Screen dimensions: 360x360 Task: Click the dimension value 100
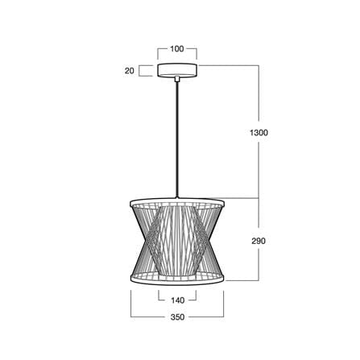point(177,49)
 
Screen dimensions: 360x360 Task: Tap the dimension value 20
point(129,71)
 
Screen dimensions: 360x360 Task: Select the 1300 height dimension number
point(259,133)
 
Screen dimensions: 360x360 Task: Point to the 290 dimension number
point(259,241)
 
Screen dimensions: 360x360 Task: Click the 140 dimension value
point(177,300)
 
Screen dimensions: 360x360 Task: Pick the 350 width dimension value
point(177,317)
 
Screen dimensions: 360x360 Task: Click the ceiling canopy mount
point(177,70)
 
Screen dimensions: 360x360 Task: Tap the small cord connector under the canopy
point(177,79)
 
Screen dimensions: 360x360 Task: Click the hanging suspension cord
point(177,139)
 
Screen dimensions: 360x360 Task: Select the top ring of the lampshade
point(177,199)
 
